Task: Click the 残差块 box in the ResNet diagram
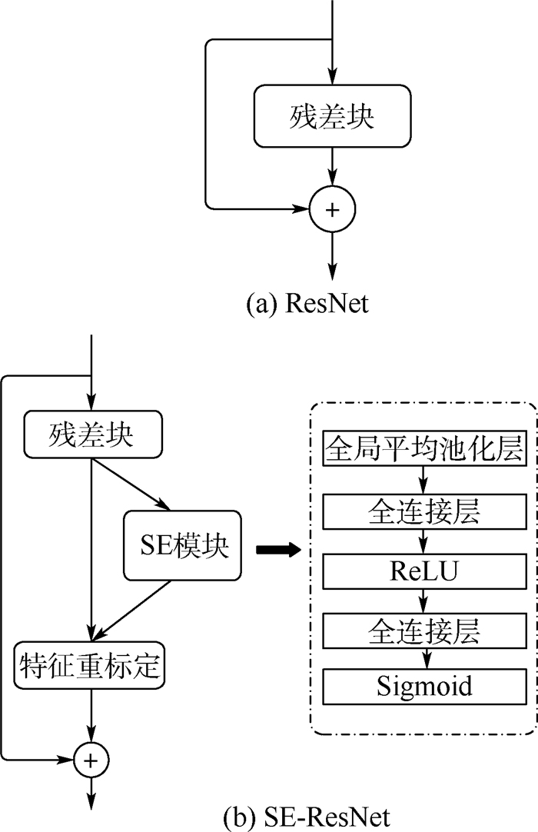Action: pos(332,115)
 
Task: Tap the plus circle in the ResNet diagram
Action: pos(332,208)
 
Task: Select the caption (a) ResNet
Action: pos(307,303)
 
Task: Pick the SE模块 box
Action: pos(179,549)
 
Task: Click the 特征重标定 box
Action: pos(91,664)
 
